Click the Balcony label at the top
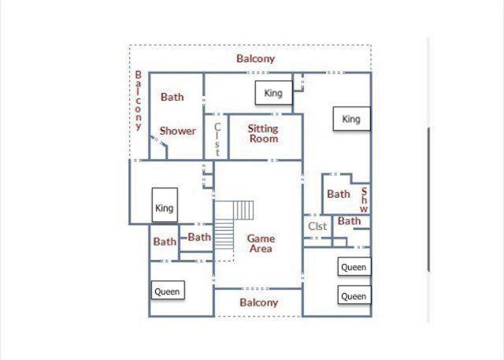pos(255,59)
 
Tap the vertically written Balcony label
pos(139,101)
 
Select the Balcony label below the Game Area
pos(259,302)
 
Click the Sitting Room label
pos(263,134)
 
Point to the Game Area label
pos(261,243)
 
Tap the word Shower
pos(178,131)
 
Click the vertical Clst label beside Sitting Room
pos(217,139)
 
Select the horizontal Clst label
pos(317,226)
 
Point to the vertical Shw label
pos(364,200)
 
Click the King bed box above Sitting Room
pos(273,93)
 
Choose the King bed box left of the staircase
pos(165,205)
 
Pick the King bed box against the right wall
pos(352,119)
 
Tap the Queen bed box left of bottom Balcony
pos(168,290)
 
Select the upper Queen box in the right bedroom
pos(354,267)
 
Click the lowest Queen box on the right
pos(354,295)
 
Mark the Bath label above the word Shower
pos(172,97)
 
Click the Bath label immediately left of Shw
pos(339,194)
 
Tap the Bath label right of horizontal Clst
pos(350,221)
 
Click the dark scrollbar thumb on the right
pos(428,199)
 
